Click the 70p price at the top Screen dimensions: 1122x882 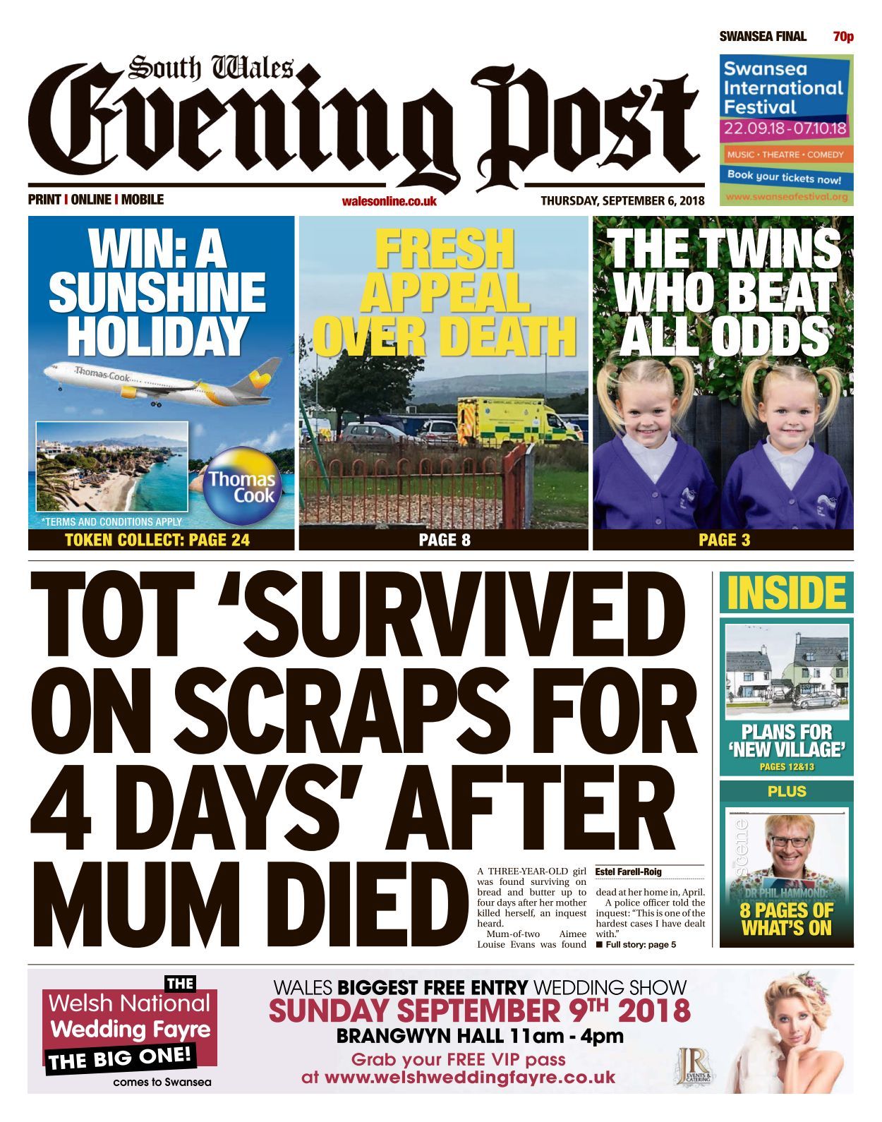click(843, 37)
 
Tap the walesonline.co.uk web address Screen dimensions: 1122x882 click(389, 201)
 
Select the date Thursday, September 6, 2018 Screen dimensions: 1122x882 click(622, 200)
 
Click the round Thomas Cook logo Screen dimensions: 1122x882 click(241, 486)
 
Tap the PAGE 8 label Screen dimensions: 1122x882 click(444, 541)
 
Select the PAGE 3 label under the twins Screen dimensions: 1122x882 click(724, 541)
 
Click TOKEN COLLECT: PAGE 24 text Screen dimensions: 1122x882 click(157, 541)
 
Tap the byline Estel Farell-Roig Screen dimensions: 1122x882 click(629, 871)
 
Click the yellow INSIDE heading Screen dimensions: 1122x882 click(786, 593)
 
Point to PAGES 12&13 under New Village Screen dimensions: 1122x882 click(786, 766)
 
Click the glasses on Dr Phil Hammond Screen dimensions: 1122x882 click(789, 842)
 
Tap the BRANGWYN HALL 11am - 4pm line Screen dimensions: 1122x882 click(480, 1036)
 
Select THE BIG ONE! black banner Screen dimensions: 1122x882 click(120, 1058)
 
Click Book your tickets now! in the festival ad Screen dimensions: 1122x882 click(784, 177)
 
